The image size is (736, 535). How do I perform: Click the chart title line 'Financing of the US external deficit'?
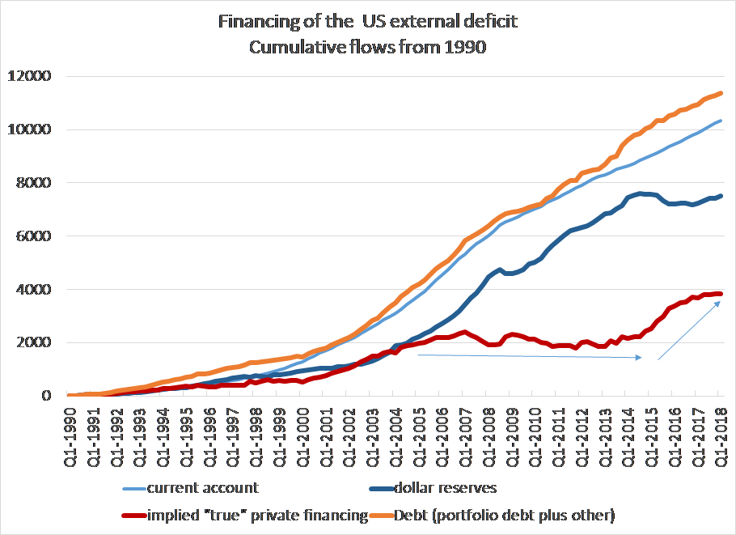coord(367,22)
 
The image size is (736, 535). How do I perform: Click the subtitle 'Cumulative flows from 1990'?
coord(367,47)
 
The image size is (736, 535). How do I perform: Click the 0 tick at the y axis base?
coord(48,396)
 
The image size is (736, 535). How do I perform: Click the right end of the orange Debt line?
coord(721,93)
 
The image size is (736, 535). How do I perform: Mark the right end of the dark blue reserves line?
coord(721,196)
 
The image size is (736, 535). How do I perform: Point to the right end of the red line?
coord(721,293)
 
